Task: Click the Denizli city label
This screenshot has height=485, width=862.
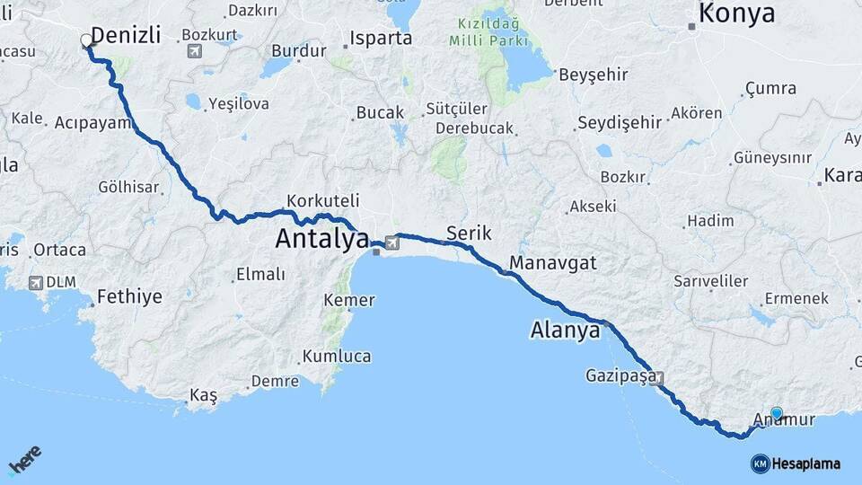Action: click(x=126, y=36)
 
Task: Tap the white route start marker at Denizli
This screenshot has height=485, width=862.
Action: click(x=86, y=40)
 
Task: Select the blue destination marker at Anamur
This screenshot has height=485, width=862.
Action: click(x=777, y=414)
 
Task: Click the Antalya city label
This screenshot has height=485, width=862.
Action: click(x=322, y=239)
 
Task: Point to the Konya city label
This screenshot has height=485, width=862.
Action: click(x=736, y=13)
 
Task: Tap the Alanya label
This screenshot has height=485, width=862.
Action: click(x=565, y=331)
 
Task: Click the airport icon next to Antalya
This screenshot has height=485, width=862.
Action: click(x=392, y=242)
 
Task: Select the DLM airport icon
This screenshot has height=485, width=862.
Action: click(x=36, y=283)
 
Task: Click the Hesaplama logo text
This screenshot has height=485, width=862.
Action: click(x=805, y=464)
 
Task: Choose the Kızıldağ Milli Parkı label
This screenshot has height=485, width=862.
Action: click(x=489, y=31)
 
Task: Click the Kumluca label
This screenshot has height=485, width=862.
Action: click(x=337, y=357)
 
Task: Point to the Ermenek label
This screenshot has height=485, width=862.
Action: click(x=796, y=298)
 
